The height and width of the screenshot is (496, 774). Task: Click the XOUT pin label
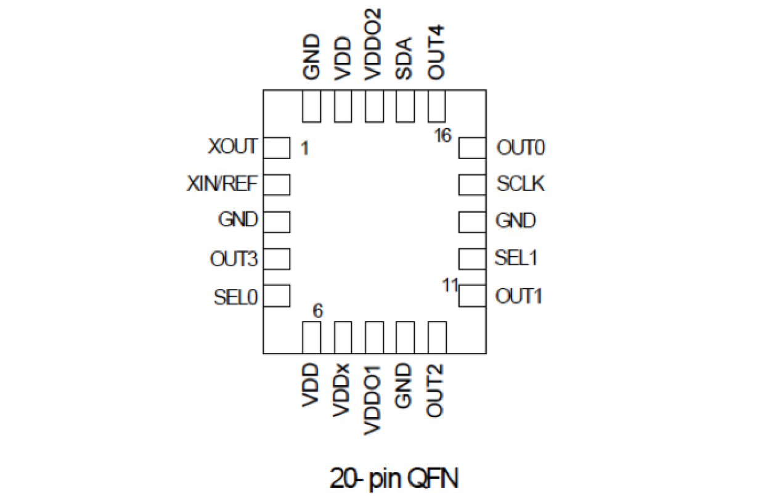(233, 148)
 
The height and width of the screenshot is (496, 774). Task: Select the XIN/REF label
(222, 184)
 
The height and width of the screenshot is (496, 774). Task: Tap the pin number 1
(304, 148)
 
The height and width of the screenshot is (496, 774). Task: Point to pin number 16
(442, 136)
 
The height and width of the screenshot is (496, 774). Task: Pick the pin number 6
(317, 312)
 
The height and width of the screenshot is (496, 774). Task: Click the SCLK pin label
(521, 184)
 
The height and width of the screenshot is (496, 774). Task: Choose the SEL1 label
(516, 258)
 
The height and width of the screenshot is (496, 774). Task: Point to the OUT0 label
(521, 148)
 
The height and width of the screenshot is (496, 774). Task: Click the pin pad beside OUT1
(472, 296)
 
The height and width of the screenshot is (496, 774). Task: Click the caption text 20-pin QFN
(394, 478)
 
